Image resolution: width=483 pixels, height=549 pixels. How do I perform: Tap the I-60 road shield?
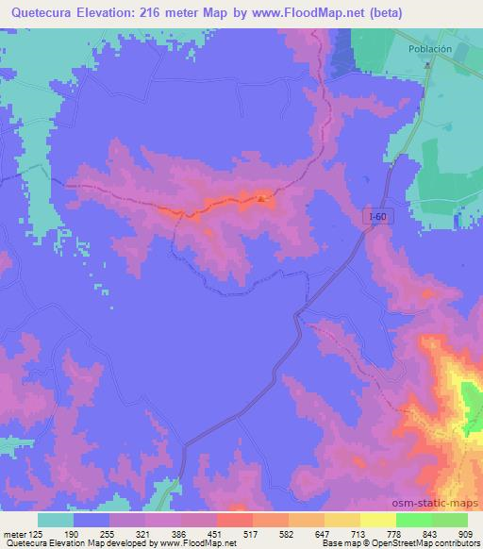click(x=377, y=217)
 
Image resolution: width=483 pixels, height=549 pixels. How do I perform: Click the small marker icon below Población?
click(x=427, y=65)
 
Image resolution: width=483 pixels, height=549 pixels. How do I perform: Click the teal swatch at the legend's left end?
click(x=56, y=520)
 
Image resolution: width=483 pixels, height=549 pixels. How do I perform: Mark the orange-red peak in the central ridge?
click(x=263, y=198)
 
